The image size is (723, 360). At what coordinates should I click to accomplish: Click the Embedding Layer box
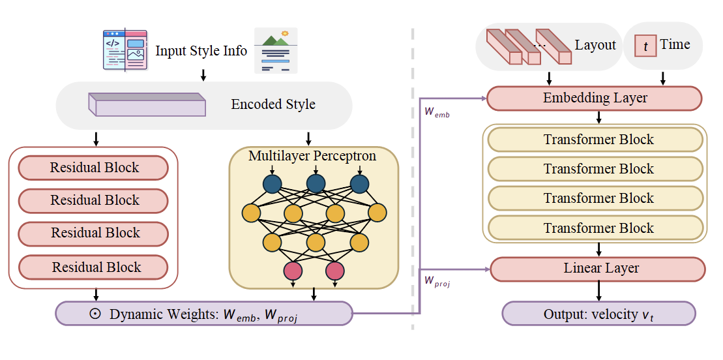pos(594,98)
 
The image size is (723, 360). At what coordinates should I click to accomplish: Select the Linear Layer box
pos(597,269)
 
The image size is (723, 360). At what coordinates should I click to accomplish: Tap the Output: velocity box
pos(598,314)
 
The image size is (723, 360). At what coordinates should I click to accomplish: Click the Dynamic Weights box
pos(203,314)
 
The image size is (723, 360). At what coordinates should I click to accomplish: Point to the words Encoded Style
pos(273,104)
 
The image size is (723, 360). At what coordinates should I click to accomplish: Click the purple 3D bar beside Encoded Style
pos(147,105)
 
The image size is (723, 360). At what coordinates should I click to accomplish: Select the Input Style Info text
pos(201,51)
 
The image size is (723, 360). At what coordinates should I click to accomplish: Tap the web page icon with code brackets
pos(125,50)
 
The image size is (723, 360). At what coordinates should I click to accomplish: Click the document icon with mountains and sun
pos(275,50)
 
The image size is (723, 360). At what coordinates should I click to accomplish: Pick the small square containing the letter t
pos(645,46)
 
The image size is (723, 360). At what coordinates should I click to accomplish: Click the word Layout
pos(595,45)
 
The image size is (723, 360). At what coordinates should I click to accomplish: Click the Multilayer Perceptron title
pos(312,157)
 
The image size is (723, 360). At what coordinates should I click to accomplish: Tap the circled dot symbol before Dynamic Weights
pos(95,314)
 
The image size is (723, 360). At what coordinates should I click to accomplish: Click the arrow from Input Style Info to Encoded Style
pos(203,74)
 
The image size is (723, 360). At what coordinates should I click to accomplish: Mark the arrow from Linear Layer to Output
pos(598,291)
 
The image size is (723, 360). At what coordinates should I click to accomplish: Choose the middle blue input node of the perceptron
pos(316,185)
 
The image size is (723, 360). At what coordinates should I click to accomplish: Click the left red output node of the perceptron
pos(293,269)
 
